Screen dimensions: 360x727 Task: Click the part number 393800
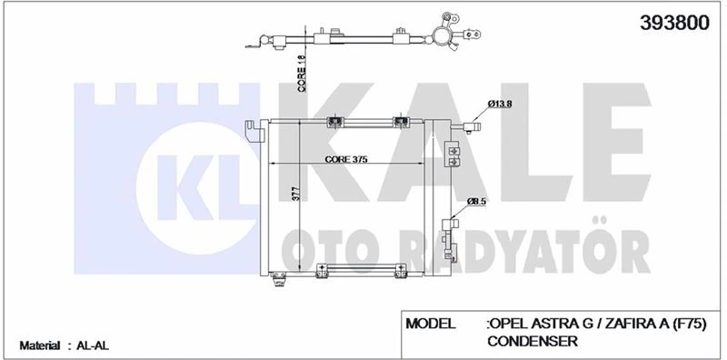point(673,25)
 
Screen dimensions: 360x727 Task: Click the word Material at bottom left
point(40,345)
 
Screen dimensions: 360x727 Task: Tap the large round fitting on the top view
point(444,35)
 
